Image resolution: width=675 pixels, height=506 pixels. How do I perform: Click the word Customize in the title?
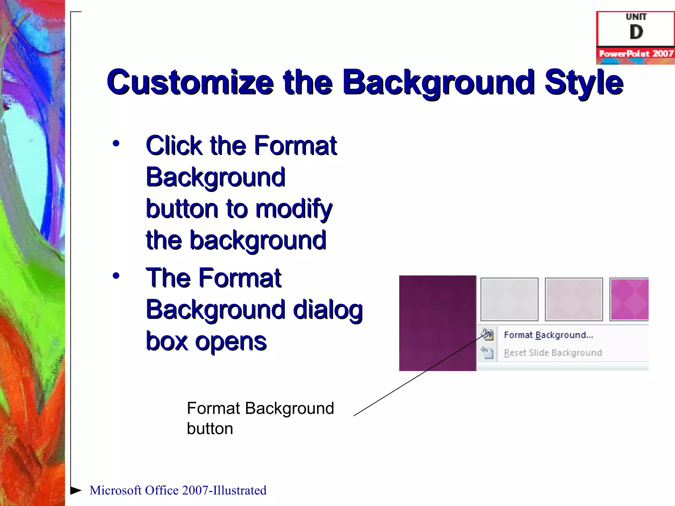[190, 82]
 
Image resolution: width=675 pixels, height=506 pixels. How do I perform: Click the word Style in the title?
[584, 82]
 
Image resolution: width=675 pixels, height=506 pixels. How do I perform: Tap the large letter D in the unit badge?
[636, 32]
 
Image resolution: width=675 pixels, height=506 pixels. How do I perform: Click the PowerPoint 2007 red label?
[636, 54]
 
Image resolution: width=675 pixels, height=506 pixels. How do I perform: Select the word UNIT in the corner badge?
[636, 16]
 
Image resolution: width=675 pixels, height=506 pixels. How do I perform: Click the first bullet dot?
[116, 143]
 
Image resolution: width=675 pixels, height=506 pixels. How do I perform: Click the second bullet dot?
[116, 276]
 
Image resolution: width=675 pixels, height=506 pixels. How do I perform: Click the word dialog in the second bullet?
[328, 310]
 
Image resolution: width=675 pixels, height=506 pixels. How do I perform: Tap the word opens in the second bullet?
[231, 341]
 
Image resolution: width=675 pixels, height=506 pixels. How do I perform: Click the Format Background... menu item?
[548, 335]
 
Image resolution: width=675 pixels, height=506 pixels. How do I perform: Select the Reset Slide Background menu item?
[553, 353]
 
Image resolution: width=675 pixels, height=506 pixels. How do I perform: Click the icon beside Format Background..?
[487, 335]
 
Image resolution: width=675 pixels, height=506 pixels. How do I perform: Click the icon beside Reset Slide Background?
[487, 352]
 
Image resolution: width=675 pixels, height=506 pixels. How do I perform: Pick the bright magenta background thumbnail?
[629, 299]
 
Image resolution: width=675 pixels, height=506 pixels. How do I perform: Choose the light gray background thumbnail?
[509, 299]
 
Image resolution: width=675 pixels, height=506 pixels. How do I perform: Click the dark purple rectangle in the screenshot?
[437, 323]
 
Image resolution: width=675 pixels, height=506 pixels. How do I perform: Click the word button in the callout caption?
[210, 429]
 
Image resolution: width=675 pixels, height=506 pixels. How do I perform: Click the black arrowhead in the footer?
[76, 490]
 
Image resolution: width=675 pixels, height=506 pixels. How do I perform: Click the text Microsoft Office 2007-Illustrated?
[178, 490]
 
